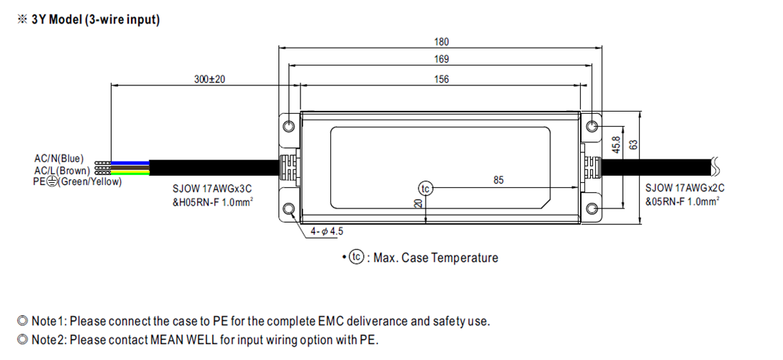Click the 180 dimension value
442,42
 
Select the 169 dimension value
442,60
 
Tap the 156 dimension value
442,79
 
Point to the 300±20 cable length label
209,79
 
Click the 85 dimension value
498,181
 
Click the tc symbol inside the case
425,189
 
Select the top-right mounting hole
592,127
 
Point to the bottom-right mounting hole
592,208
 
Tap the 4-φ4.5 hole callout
327,232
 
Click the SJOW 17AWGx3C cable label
211,189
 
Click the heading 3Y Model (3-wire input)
95,20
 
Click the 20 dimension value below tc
419,203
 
